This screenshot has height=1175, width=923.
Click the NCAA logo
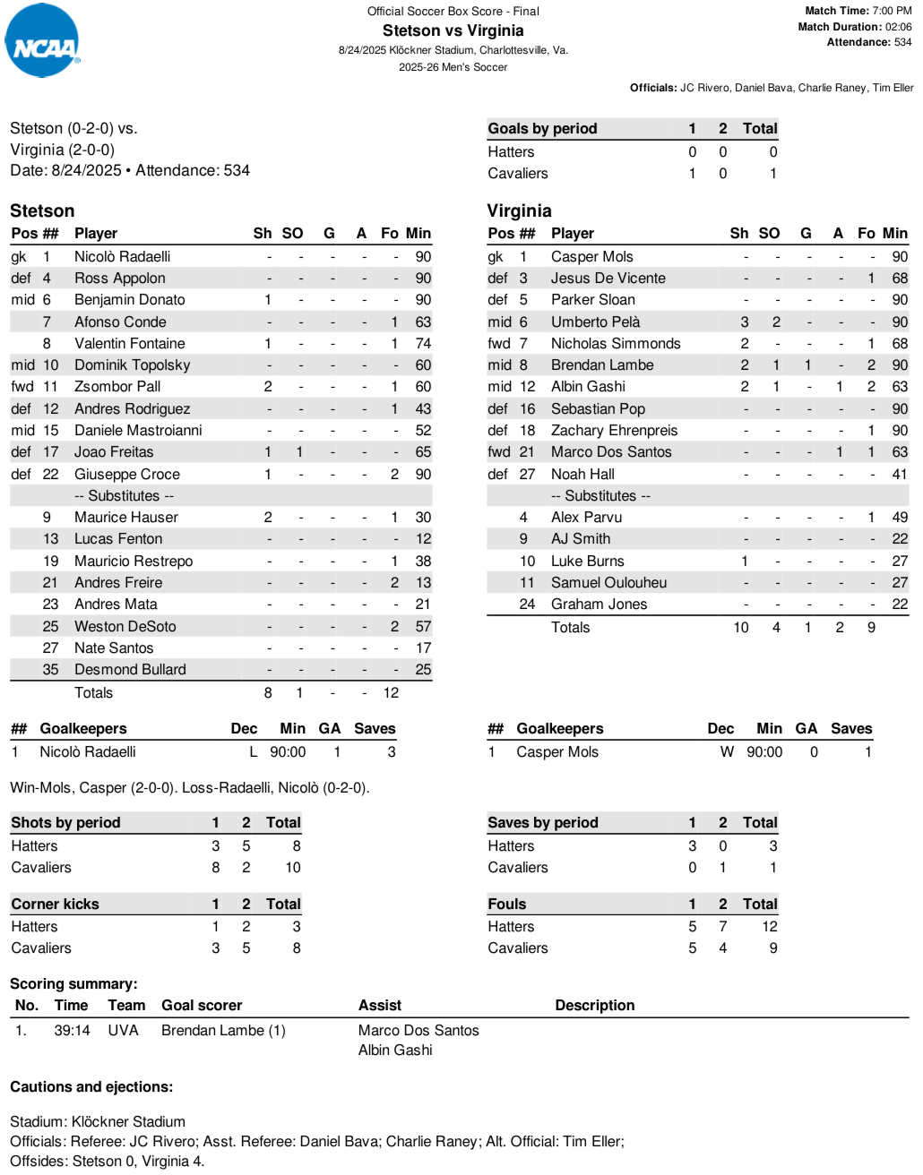[x=42, y=41]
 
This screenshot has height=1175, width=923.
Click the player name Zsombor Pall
[x=117, y=387]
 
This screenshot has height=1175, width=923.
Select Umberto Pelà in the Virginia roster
[x=595, y=322]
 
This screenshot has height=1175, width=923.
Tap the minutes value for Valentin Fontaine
[x=423, y=343]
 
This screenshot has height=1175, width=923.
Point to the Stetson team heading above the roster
[x=42, y=210]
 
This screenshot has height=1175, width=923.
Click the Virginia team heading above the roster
[x=519, y=210]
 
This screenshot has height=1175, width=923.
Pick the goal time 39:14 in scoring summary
[x=72, y=1031]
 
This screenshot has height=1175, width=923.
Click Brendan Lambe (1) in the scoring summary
[x=223, y=1031]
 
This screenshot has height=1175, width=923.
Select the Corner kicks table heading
[x=55, y=905]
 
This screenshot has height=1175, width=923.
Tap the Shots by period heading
[x=65, y=823]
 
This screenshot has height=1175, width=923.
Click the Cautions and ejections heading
[x=91, y=1087]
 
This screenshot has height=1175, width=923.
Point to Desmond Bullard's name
[x=130, y=670]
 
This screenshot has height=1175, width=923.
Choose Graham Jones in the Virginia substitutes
[x=599, y=605]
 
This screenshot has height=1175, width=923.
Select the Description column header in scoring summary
[x=594, y=1006]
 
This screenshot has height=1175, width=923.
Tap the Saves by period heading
[x=542, y=823]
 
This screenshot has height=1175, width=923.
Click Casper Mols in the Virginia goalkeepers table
[x=556, y=752]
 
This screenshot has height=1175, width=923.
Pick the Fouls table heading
[x=506, y=905]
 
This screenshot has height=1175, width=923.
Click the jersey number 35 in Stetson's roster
[x=50, y=670]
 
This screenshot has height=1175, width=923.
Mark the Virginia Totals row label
[x=570, y=628]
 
